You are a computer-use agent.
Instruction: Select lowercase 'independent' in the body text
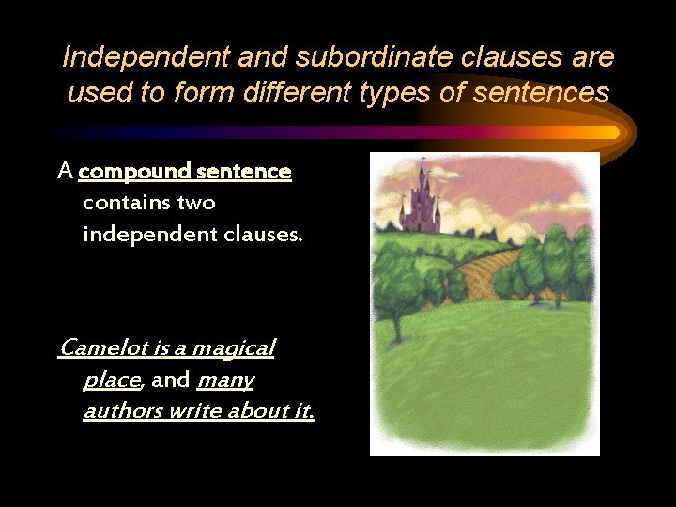click(147, 234)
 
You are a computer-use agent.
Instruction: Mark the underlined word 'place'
click(112, 380)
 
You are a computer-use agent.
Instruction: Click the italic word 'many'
click(225, 380)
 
